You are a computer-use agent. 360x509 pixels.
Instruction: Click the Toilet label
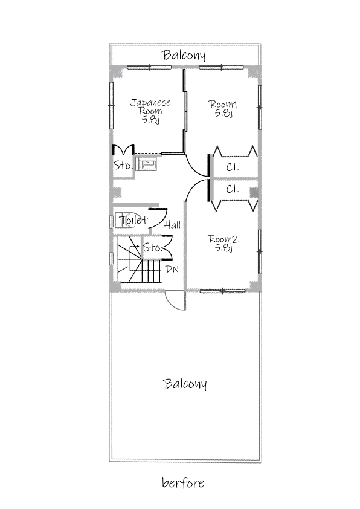coord(133,220)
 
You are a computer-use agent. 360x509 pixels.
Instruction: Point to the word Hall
coord(173,225)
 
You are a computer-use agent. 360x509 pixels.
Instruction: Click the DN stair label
coord(172,269)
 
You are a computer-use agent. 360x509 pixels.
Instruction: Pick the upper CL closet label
coord(233,167)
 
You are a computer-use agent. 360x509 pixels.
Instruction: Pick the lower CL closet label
coord(233,189)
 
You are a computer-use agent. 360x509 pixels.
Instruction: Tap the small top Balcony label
coord(184,55)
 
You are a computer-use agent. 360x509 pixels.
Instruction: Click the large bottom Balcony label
coord(185,384)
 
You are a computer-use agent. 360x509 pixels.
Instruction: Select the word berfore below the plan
coord(183,483)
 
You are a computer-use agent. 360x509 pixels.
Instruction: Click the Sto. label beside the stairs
coord(152,248)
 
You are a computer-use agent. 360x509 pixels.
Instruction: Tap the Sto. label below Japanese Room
coord(123,166)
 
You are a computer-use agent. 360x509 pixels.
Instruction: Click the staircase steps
coord(139,260)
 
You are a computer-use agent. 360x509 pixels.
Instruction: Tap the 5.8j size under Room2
coord(223,248)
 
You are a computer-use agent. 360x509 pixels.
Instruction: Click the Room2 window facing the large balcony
coord(222,291)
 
